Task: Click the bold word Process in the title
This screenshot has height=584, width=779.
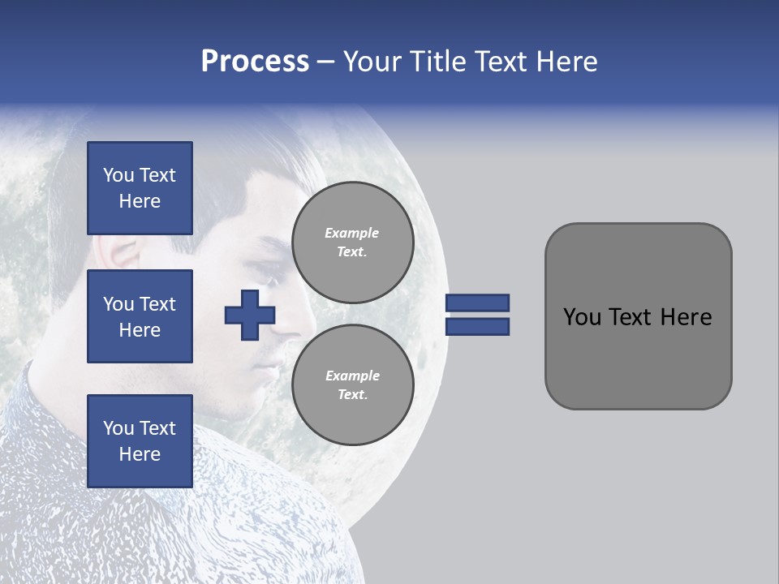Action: [255, 62]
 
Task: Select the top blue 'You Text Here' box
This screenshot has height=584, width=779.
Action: [140, 188]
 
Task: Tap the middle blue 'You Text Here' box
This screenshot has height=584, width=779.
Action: [140, 316]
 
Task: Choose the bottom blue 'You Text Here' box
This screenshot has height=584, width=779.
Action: [140, 441]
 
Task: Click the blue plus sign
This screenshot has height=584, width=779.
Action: [250, 315]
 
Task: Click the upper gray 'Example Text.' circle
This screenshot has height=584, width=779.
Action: [352, 242]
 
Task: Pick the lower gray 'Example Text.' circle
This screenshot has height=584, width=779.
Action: [352, 384]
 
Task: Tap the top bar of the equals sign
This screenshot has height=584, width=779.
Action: [477, 303]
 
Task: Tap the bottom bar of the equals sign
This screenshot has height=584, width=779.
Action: [477, 327]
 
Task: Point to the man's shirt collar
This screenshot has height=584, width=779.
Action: [49, 389]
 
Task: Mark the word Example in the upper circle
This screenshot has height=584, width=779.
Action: [352, 233]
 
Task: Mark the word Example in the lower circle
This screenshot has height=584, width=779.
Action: [352, 376]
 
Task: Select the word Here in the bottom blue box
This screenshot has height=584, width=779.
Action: [140, 454]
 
